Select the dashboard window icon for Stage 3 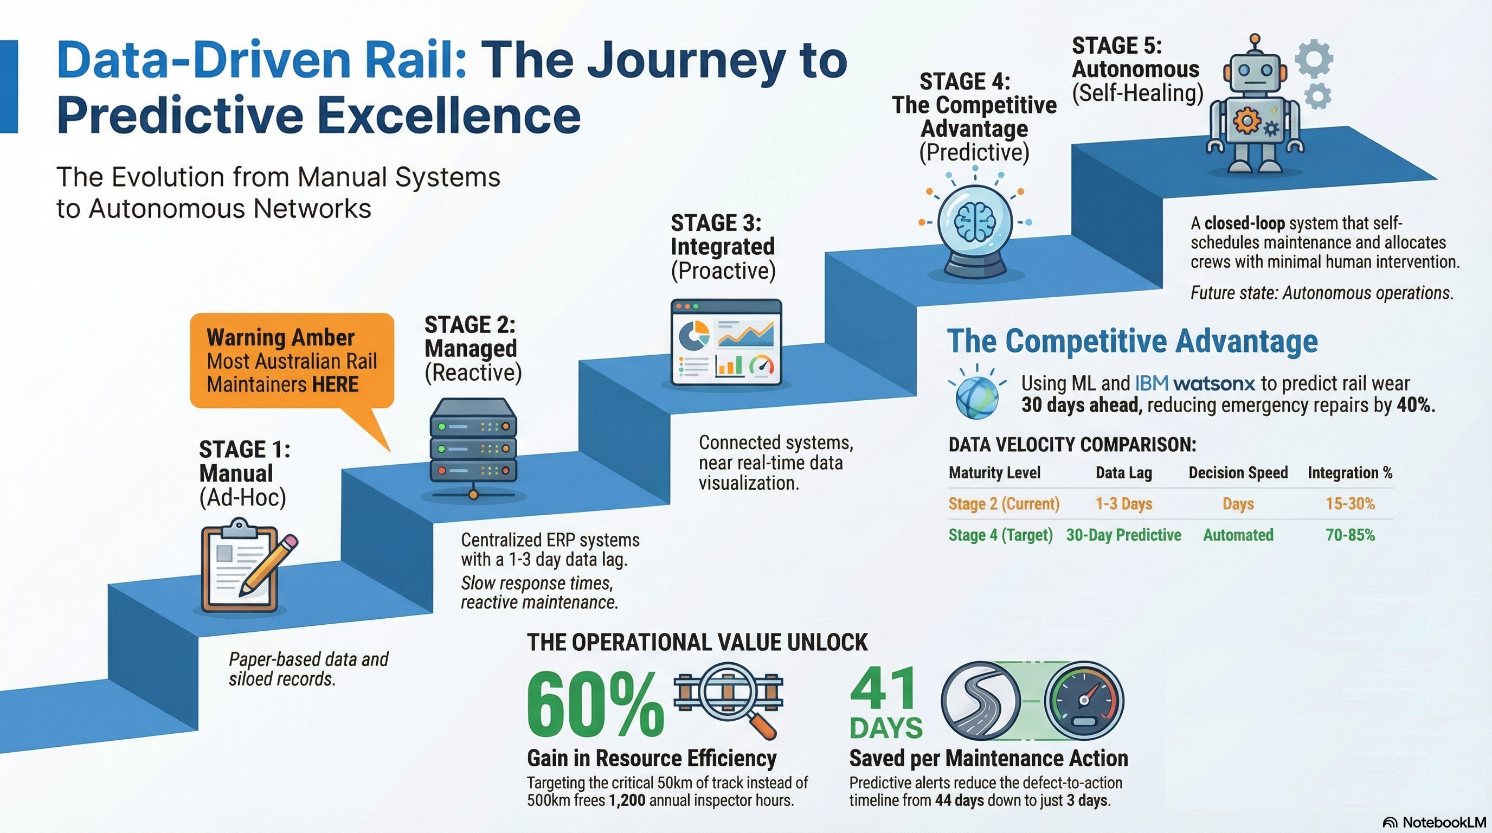point(726,342)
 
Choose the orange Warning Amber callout point(292,360)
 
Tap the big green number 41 point(883,689)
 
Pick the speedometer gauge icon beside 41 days point(1084,700)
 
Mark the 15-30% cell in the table point(1349,504)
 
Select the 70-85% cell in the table point(1349,535)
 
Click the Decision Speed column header point(1238,473)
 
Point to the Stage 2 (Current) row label point(1004,504)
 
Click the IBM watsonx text point(1194,383)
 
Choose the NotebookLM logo point(1434,822)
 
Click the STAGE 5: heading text point(1117,46)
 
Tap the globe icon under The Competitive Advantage point(977,397)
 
